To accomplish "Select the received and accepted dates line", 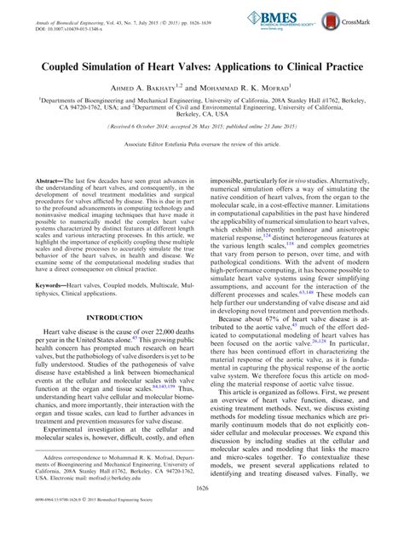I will (x=202, y=126).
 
